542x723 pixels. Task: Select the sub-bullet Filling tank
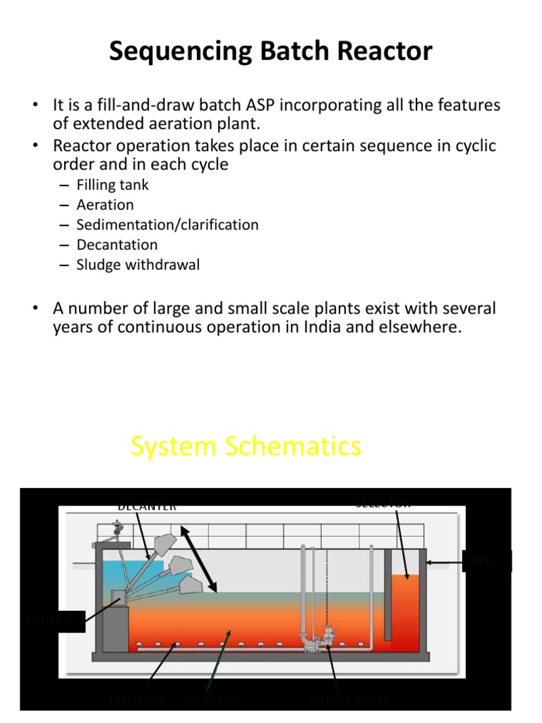coord(112,185)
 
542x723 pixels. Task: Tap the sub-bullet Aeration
coord(105,205)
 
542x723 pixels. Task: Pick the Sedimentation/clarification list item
coord(167,225)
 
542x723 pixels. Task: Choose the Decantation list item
coord(117,245)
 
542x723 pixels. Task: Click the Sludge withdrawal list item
coord(138,265)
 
